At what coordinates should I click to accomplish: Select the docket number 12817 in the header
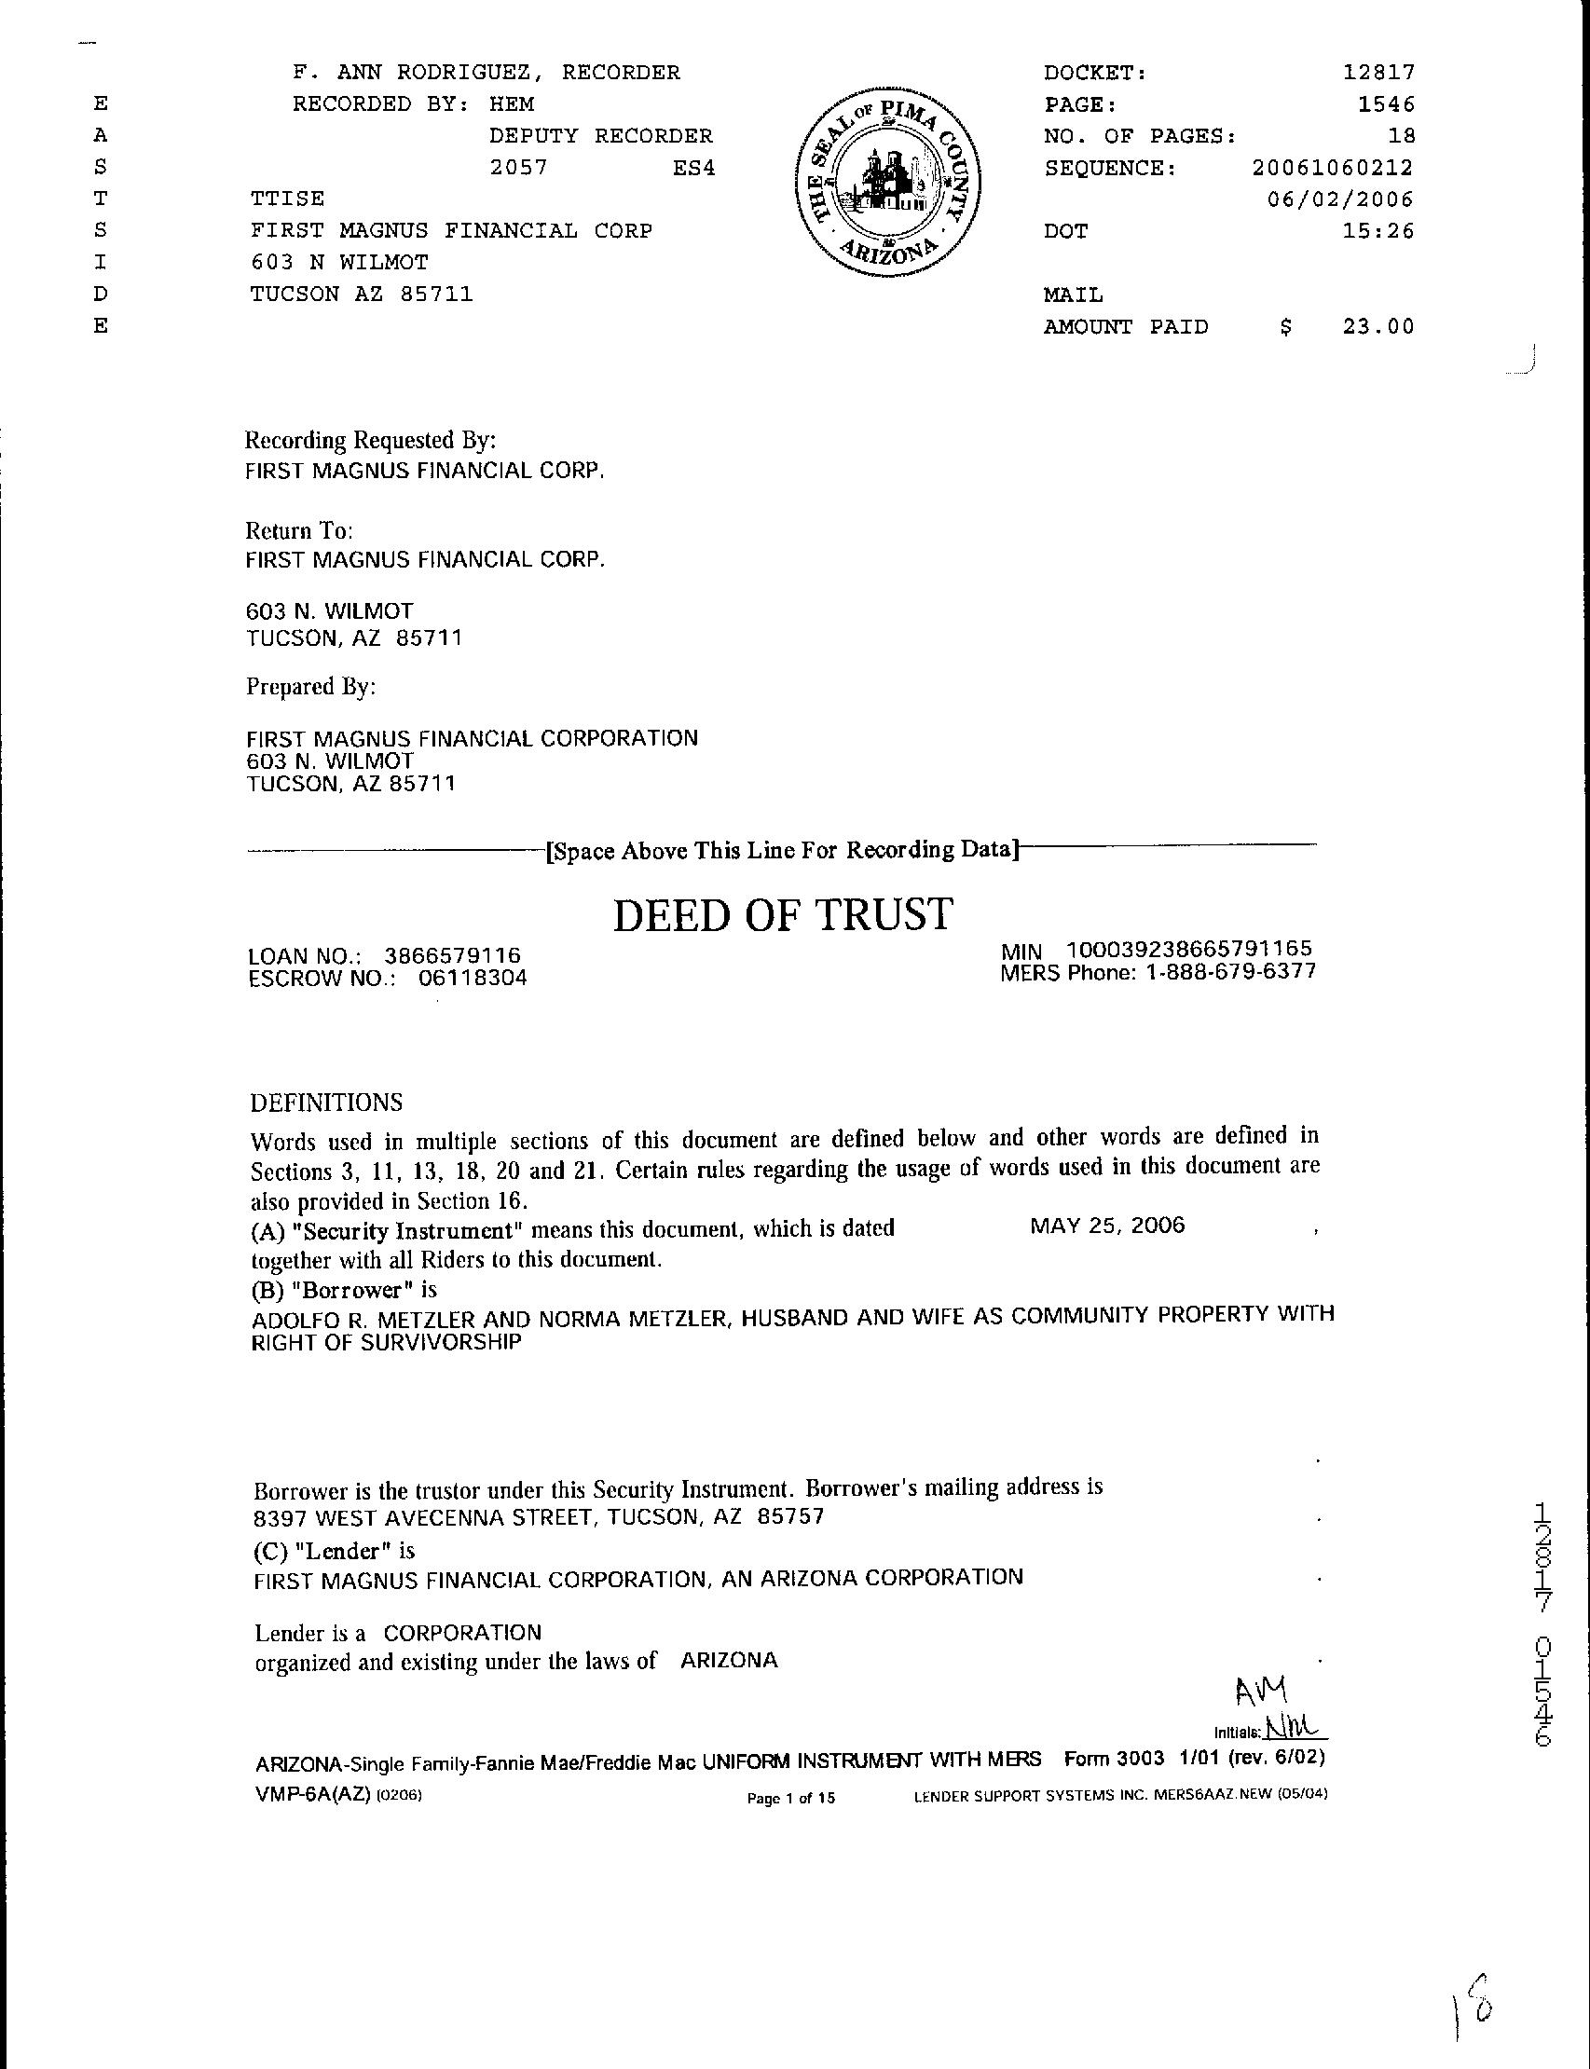pyautogui.click(x=1379, y=73)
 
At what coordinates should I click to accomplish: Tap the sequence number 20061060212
pyautogui.click(x=1332, y=169)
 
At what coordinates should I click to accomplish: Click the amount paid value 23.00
pyautogui.click(x=1378, y=327)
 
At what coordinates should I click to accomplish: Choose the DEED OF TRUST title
pyautogui.click(x=783, y=915)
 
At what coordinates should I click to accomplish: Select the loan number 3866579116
pyautogui.click(x=452, y=956)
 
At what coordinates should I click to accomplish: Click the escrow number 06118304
pyautogui.click(x=473, y=979)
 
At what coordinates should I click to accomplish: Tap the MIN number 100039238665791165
pyautogui.click(x=1188, y=950)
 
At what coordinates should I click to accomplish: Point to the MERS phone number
pyautogui.click(x=1230, y=972)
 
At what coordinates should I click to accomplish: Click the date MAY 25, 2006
pyautogui.click(x=1107, y=1226)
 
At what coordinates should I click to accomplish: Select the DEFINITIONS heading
pyautogui.click(x=326, y=1103)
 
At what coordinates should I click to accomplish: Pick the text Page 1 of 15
pyautogui.click(x=791, y=1799)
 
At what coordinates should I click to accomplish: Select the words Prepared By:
pyautogui.click(x=311, y=686)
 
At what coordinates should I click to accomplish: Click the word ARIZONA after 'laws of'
pyautogui.click(x=729, y=1660)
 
